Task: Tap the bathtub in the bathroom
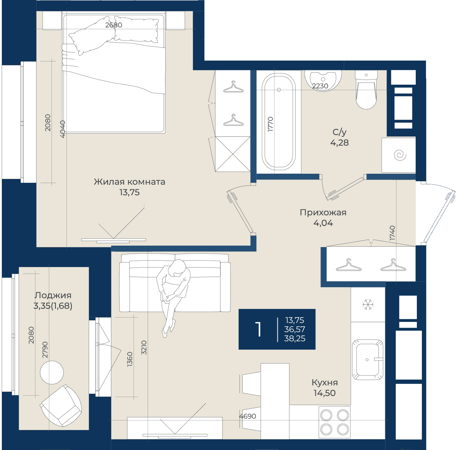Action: click(279, 122)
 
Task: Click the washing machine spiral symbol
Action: click(400, 155)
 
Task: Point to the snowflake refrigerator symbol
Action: click(368, 304)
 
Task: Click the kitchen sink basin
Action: click(367, 359)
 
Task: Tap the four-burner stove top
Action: click(334, 422)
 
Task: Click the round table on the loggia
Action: click(52, 372)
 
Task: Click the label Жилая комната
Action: click(130, 182)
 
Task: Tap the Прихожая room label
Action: click(323, 212)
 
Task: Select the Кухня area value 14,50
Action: click(324, 393)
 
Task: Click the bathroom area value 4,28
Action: click(339, 143)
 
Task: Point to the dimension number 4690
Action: click(247, 416)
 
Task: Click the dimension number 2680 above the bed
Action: click(114, 25)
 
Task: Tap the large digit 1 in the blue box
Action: click(258, 329)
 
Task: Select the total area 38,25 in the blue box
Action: click(295, 339)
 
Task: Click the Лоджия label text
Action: click(53, 295)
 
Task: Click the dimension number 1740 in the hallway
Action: click(392, 233)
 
